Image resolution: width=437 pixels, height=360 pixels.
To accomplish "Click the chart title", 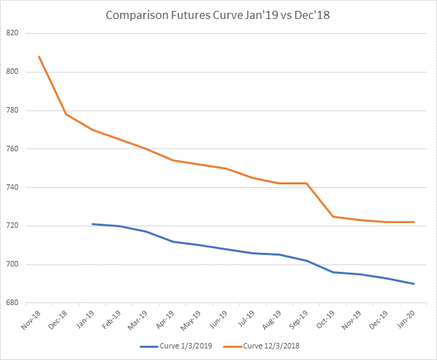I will [x=218, y=14].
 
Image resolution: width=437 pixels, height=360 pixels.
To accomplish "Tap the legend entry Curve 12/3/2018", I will [x=272, y=346].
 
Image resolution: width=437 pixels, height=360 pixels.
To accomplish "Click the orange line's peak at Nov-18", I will [x=39, y=56].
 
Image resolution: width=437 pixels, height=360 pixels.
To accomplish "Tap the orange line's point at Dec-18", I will [x=66, y=114].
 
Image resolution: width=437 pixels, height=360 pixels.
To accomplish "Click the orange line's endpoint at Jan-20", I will [x=413, y=222].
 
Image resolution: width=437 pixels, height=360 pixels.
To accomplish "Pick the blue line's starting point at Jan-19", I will [x=93, y=224].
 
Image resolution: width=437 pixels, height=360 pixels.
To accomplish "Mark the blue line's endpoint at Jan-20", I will [x=413, y=283].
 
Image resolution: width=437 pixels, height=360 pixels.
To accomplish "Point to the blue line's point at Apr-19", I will [x=173, y=241].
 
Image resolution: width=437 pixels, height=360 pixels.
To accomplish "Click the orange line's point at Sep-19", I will [x=307, y=183].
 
